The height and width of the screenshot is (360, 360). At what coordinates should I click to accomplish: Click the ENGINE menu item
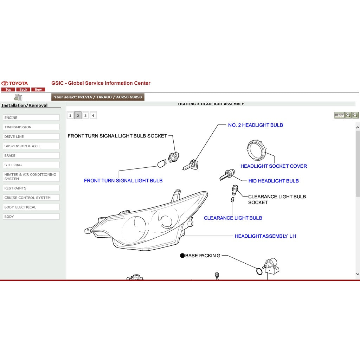[x=31, y=117]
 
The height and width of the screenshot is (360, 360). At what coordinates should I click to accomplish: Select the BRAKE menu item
[x=31, y=155]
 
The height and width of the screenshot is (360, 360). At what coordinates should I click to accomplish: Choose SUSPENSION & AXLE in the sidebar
[x=31, y=146]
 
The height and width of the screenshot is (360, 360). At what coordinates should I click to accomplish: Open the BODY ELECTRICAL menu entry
[x=31, y=207]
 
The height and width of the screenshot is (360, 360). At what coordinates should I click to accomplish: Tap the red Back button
[x=23, y=90]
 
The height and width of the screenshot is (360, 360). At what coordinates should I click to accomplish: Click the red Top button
[x=8, y=90]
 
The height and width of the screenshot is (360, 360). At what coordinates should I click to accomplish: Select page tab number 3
[x=85, y=115]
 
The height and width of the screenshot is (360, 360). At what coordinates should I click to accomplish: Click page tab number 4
[x=93, y=115]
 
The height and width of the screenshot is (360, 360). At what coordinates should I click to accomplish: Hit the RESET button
[x=339, y=115]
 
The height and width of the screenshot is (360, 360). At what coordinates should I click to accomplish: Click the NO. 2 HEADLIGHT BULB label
[x=256, y=125]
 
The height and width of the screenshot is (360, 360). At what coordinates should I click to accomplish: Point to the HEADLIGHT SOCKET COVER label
[x=274, y=166]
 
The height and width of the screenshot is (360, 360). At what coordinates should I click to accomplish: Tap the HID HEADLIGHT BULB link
[x=274, y=181]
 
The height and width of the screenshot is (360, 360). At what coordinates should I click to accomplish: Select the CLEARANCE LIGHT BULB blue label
[x=233, y=218]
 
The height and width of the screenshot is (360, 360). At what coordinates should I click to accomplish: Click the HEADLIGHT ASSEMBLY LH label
[x=265, y=236]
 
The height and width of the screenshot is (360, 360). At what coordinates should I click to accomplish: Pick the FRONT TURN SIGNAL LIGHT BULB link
[x=123, y=181]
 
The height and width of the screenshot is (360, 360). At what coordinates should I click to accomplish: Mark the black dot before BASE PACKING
[x=182, y=256]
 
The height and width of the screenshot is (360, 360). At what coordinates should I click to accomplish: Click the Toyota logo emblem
[x=5, y=83]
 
